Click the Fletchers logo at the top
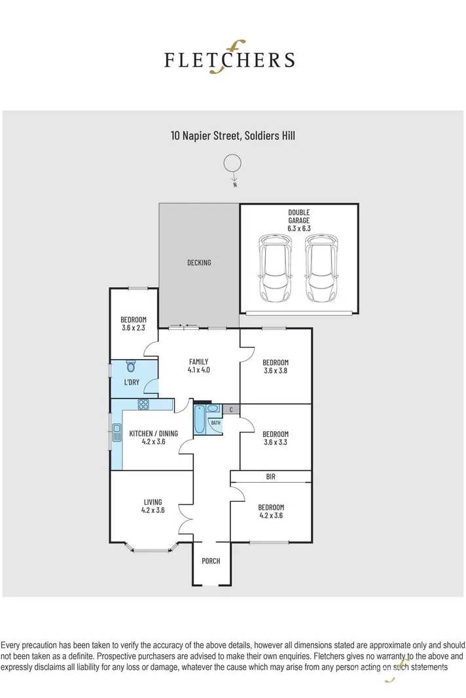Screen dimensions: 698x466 click(229, 59)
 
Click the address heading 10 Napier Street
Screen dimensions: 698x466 click(234, 135)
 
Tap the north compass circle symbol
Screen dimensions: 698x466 click(232, 164)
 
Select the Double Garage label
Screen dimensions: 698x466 click(298, 220)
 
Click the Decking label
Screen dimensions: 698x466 click(199, 262)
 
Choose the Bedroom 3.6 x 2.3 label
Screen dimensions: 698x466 click(134, 324)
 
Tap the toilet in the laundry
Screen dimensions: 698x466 click(130, 366)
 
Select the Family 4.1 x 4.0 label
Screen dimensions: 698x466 click(198, 366)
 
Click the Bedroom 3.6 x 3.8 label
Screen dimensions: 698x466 click(275, 366)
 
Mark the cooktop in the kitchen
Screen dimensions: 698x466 click(143, 404)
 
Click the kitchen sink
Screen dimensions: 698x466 click(116, 432)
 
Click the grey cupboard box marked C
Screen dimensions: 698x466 click(231, 410)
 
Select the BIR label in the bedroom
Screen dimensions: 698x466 click(270, 477)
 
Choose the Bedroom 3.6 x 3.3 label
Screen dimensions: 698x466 click(275, 438)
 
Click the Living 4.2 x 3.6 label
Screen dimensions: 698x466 click(152, 506)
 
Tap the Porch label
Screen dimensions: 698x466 click(211, 561)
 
